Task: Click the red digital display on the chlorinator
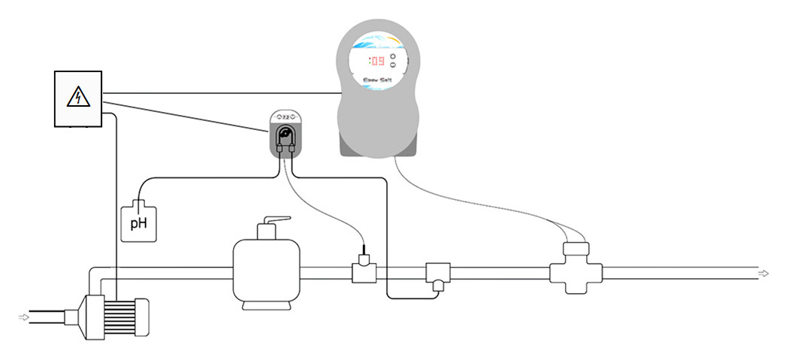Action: tap(376, 61)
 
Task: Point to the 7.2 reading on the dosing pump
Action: tap(286, 117)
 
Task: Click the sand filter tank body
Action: tap(268, 274)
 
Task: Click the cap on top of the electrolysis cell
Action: tap(576, 249)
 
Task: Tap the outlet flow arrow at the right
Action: tap(763, 273)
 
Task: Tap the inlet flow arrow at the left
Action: tap(24, 318)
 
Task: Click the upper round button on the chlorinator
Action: tap(392, 56)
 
